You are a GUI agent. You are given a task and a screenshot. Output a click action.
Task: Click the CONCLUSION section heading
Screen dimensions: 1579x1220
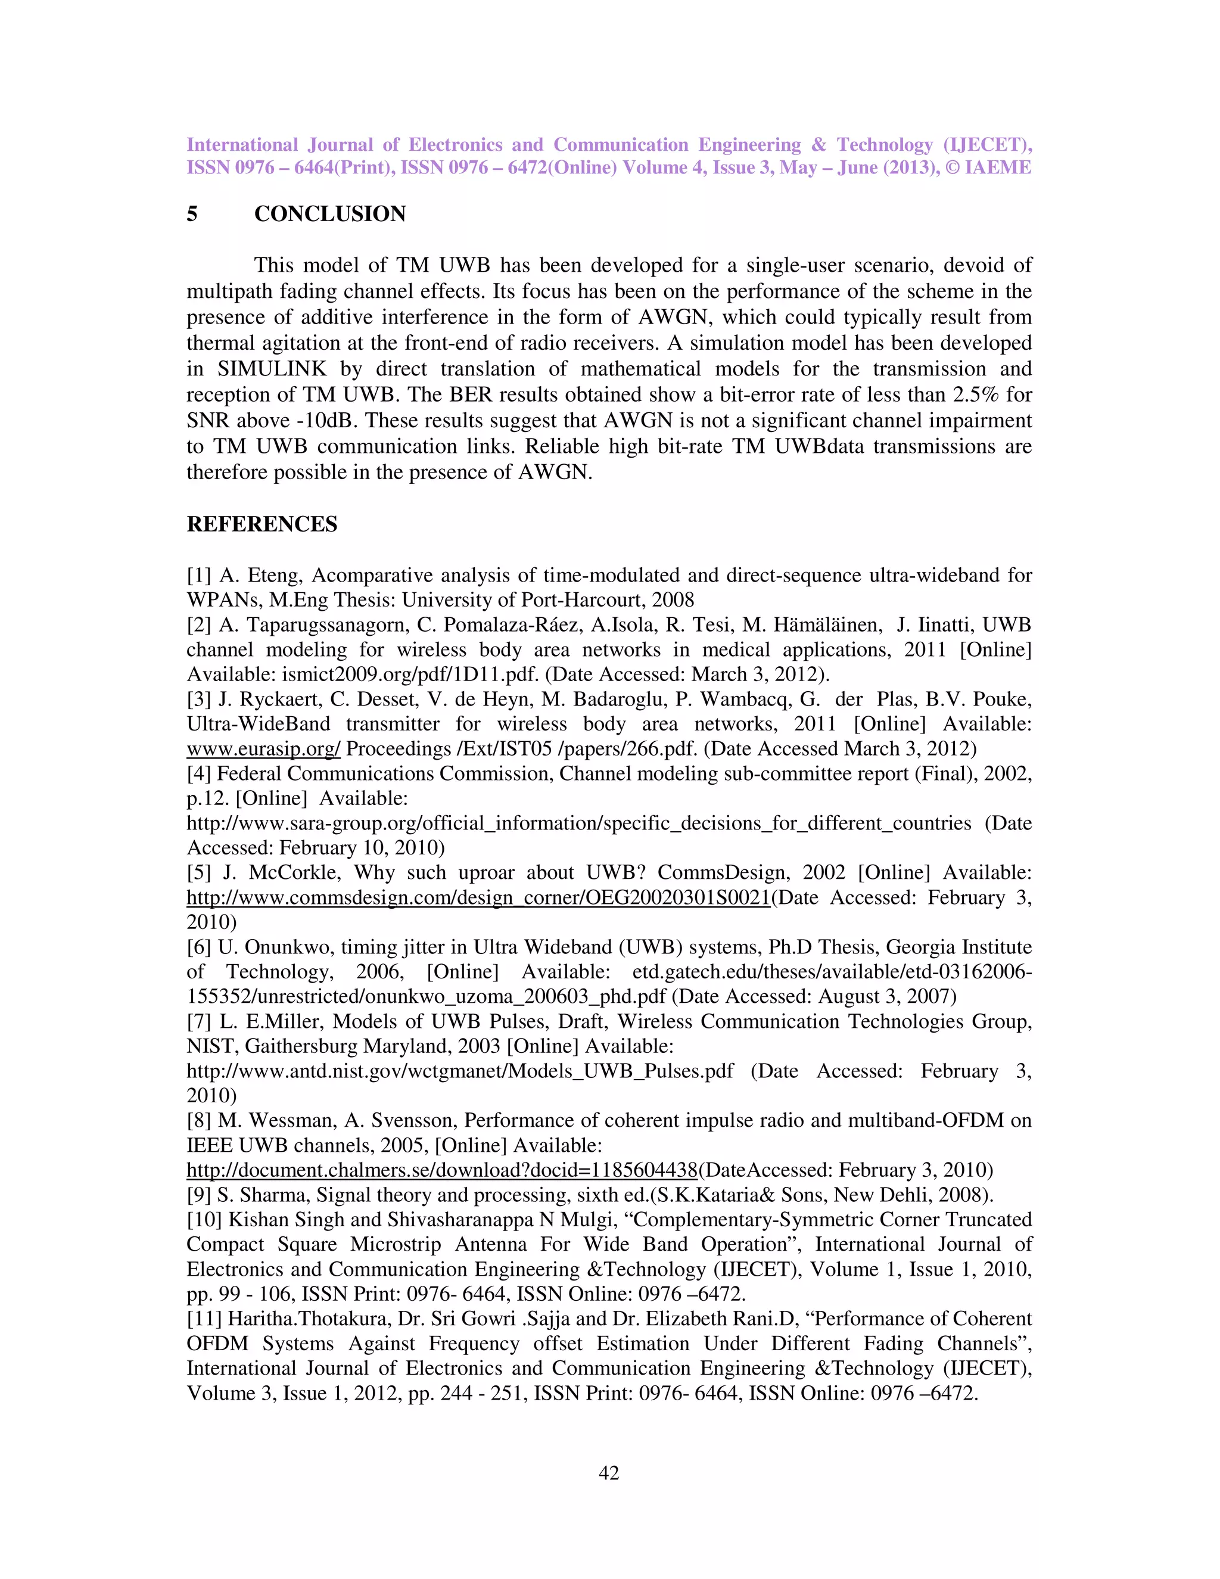329,214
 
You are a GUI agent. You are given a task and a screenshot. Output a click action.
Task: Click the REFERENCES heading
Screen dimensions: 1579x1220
262,524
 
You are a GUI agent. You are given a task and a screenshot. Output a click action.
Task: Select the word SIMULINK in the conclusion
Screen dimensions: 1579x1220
272,369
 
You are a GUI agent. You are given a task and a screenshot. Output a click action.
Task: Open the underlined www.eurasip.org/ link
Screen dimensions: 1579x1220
263,749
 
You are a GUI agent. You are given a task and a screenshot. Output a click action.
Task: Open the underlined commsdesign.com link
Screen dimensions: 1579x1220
478,898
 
